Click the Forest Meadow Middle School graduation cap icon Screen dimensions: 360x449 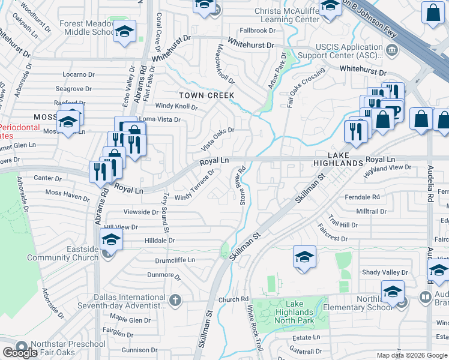click(124, 31)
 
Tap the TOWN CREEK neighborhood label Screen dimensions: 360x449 click(206, 95)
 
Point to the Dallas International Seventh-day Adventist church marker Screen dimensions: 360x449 click(175, 300)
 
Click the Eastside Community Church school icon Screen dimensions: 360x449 click(111, 241)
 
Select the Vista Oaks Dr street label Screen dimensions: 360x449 click(217, 139)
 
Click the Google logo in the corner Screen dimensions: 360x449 click(20, 353)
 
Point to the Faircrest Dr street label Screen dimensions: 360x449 click(331, 236)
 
